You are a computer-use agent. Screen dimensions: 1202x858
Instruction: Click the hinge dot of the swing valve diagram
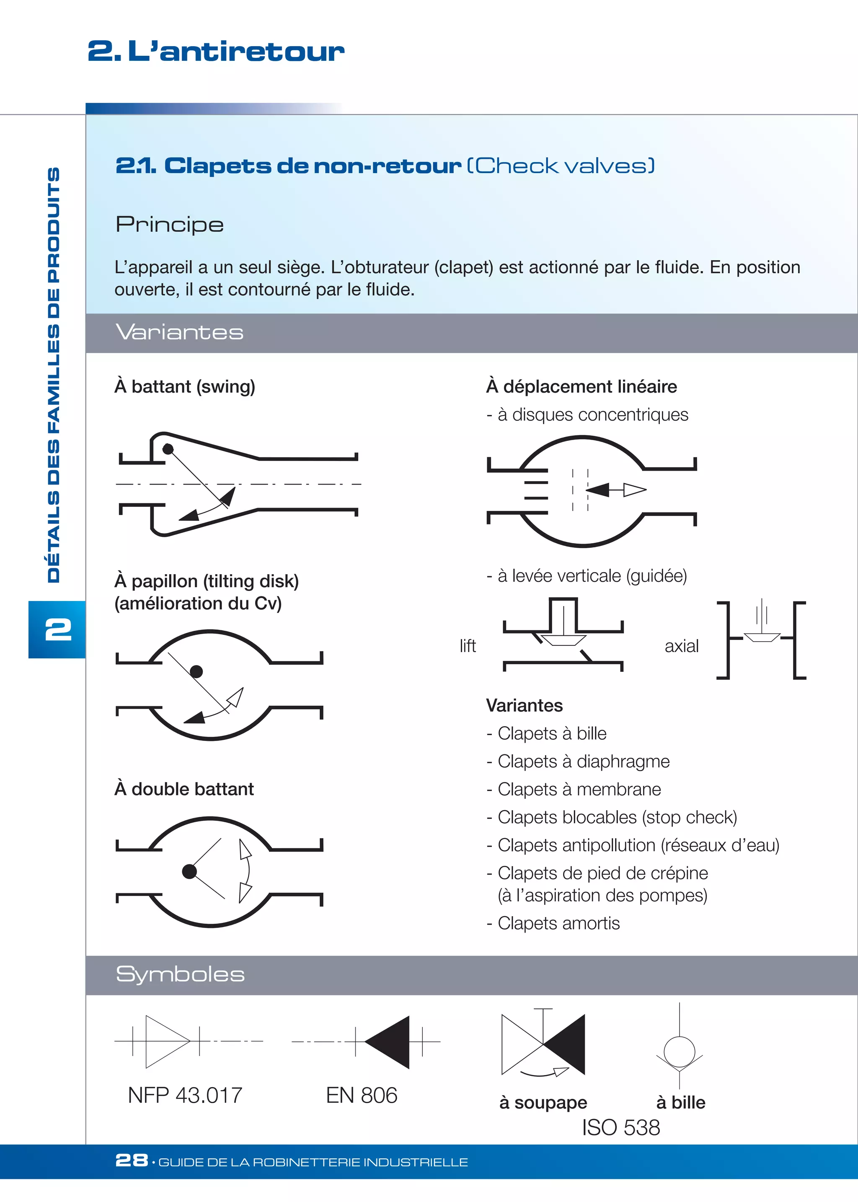[x=168, y=449]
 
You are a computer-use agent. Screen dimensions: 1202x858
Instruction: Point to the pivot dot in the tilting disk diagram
[x=196, y=672]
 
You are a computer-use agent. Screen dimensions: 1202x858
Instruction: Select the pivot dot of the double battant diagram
[x=189, y=871]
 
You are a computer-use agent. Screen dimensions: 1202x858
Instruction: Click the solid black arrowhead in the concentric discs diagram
[x=597, y=490]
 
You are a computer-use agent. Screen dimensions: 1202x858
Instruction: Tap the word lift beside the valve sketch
[x=468, y=646]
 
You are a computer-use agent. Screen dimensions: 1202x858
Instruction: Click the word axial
[x=682, y=646]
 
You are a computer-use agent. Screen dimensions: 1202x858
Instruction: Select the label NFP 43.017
[x=185, y=1095]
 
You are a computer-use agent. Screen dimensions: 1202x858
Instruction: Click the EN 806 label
[x=362, y=1095]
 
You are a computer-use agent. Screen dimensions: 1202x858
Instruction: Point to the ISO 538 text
[x=621, y=1127]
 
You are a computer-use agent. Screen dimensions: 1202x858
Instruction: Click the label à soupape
[x=543, y=1103]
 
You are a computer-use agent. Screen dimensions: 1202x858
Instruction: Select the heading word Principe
[x=170, y=225]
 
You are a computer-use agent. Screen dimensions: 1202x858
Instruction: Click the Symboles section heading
[x=180, y=974]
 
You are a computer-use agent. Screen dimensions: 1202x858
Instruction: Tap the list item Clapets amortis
[x=558, y=923]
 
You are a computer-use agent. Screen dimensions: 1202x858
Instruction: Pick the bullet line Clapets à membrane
[x=579, y=789]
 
